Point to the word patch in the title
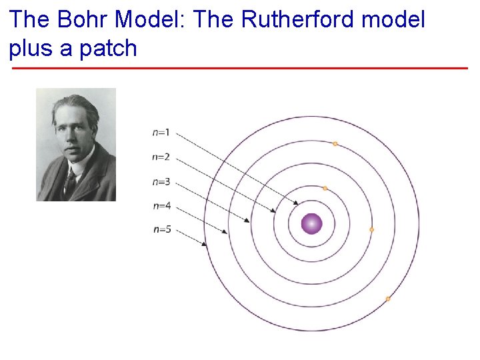pyautogui.click(x=107, y=48)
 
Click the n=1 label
pyautogui.click(x=161, y=133)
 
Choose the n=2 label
pyautogui.click(x=161, y=157)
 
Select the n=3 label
pyautogui.click(x=161, y=181)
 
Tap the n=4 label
pyautogui.click(x=161, y=205)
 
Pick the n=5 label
pyautogui.click(x=161, y=229)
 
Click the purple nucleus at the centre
pyautogui.click(x=311, y=224)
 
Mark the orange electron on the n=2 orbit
pyautogui.click(x=325, y=189)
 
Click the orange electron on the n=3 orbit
pyautogui.click(x=371, y=229)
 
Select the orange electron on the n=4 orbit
pyautogui.click(x=335, y=143)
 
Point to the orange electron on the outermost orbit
pyautogui.click(x=388, y=299)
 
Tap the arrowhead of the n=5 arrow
pyautogui.click(x=205, y=245)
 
